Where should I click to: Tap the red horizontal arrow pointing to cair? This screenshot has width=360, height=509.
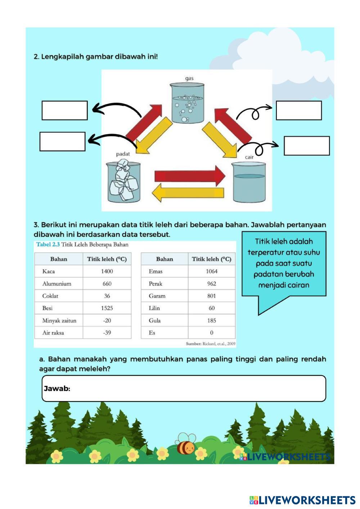coord(189,176)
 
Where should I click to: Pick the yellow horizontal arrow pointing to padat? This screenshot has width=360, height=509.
coord(188,194)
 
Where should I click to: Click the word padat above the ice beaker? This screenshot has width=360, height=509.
coord(123,154)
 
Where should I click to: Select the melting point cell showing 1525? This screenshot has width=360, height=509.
coord(107,308)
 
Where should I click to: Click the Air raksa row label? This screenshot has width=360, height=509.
coord(53,333)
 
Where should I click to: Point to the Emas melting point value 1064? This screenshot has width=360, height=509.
coord(212,271)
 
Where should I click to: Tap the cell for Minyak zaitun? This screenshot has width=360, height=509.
coord(59,320)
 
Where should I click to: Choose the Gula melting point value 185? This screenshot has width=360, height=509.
coord(212,320)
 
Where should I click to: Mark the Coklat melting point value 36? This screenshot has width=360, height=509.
coord(107,296)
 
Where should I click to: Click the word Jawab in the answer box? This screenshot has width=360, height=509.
coord(57,388)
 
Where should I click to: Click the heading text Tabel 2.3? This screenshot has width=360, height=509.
coord(48,244)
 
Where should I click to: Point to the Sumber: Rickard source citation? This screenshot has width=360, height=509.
coord(211,344)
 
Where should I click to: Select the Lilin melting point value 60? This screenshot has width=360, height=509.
coord(212,308)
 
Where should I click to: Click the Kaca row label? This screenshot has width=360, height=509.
coord(49,271)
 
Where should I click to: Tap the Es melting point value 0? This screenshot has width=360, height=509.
coord(212,333)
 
